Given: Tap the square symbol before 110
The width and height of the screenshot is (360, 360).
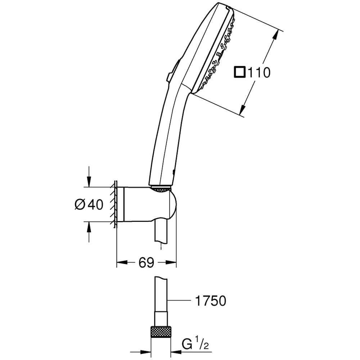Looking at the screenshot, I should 240,72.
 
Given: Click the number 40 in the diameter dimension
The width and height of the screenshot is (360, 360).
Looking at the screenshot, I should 95,204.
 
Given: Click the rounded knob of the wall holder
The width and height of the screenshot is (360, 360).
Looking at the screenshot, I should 172,204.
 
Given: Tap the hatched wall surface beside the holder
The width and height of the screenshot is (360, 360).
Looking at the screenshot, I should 114,204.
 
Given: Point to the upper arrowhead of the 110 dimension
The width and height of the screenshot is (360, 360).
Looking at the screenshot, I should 275,35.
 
